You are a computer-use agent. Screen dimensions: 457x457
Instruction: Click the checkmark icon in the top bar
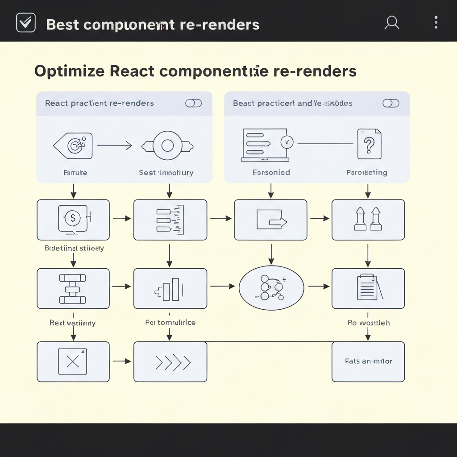(26, 23)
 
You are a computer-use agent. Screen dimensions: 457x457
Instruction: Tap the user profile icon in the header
(391, 23)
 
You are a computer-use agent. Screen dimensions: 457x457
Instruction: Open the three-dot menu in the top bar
(436, 23)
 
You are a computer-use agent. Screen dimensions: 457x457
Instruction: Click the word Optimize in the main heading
(69, 71)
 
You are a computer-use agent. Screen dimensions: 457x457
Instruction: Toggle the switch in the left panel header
(193, 103)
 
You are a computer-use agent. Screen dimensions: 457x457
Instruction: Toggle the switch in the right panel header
(391, 103)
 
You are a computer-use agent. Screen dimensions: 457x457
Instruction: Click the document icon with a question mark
(370, 144)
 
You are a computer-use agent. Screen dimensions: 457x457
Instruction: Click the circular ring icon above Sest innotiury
(167, 145)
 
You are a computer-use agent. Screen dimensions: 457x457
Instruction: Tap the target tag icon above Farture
(74, 145)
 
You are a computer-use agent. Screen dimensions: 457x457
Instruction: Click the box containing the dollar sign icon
(73, 220)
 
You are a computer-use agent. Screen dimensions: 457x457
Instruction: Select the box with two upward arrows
(368, 220)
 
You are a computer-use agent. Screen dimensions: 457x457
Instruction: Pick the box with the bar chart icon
(170, 288)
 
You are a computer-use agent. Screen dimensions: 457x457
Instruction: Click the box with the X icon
(73, 361)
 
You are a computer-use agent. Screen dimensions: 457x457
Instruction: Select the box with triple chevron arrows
(170, 361)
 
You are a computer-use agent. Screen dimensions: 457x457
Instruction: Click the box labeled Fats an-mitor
(368, 361)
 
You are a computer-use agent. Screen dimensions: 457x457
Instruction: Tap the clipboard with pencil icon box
(368, 288)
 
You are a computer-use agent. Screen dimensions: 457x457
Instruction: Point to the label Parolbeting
(367, 172)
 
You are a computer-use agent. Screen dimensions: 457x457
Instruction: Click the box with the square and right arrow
(270, 220)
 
